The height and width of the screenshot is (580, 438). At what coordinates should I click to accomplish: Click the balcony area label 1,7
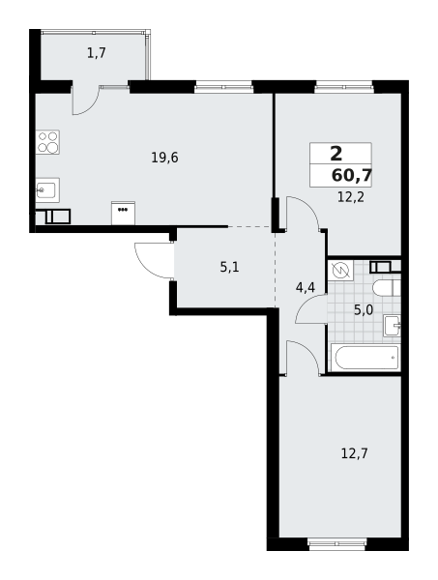coord(96,53)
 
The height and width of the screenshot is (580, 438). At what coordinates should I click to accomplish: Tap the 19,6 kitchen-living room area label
coord(164,158)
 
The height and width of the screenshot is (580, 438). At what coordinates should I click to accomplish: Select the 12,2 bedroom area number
coord(350,197)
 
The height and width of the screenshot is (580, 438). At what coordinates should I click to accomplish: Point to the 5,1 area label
coord(229,267)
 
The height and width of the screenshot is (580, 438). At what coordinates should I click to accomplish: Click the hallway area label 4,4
coord(306,287)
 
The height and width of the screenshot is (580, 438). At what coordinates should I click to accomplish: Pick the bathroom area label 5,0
coord(363,309)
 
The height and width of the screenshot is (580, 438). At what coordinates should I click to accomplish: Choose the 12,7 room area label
coord(354,452)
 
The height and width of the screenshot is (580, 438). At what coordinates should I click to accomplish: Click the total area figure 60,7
coord(351,175)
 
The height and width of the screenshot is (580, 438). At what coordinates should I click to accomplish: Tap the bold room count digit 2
coord(336,154)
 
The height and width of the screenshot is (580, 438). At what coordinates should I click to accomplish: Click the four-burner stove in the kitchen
coord(47,142)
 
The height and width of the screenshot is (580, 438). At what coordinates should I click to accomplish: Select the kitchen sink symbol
coord(47,190)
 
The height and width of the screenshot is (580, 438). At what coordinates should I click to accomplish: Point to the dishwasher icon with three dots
coord(123,213)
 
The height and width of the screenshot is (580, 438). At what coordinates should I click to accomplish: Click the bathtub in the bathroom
coord(365,358)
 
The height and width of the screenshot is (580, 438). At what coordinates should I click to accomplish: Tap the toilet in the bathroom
coord(387,288)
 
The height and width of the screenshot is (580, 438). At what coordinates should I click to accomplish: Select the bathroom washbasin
coord(392,326)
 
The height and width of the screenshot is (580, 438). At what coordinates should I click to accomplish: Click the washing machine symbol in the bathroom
coord(340,271)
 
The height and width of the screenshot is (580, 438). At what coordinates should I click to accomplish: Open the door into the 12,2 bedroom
coord(303,213)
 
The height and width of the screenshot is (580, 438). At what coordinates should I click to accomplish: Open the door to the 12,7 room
coord(302,358)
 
